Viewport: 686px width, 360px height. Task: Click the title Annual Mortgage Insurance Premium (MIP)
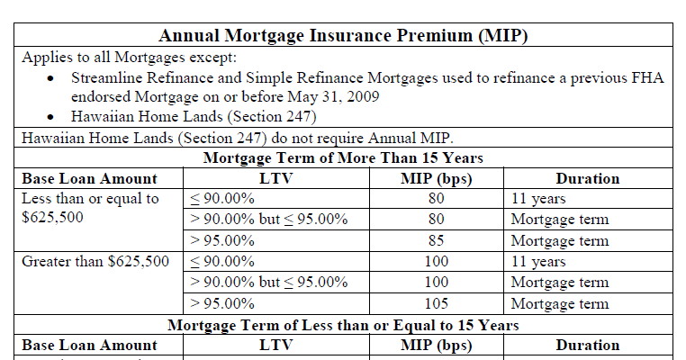pyautogui.click(x=343, y=36)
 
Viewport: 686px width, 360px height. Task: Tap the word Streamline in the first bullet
pyautogui.click(x=108, y=79)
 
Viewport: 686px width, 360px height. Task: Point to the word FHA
pyautogui.click(x=646, y=79)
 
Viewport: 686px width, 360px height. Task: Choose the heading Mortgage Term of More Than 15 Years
pyautogui.click(x=343, y=158)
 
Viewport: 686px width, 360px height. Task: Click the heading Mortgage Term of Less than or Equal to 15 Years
pyautogui.click(x=343, y=324)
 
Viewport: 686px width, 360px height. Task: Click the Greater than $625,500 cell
pyautogui.click(x=95, y=262)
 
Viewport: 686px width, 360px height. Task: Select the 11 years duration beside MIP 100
pyautogui.click(x=538, y=262)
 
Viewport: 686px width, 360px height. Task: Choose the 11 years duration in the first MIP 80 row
pyautogui.click(x=538, y=199)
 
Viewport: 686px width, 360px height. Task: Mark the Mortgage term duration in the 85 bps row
pyautogui.click(x=560, y=241)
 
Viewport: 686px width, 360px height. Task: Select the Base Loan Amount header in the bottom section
pyautogui.click(x=89, y=345)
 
